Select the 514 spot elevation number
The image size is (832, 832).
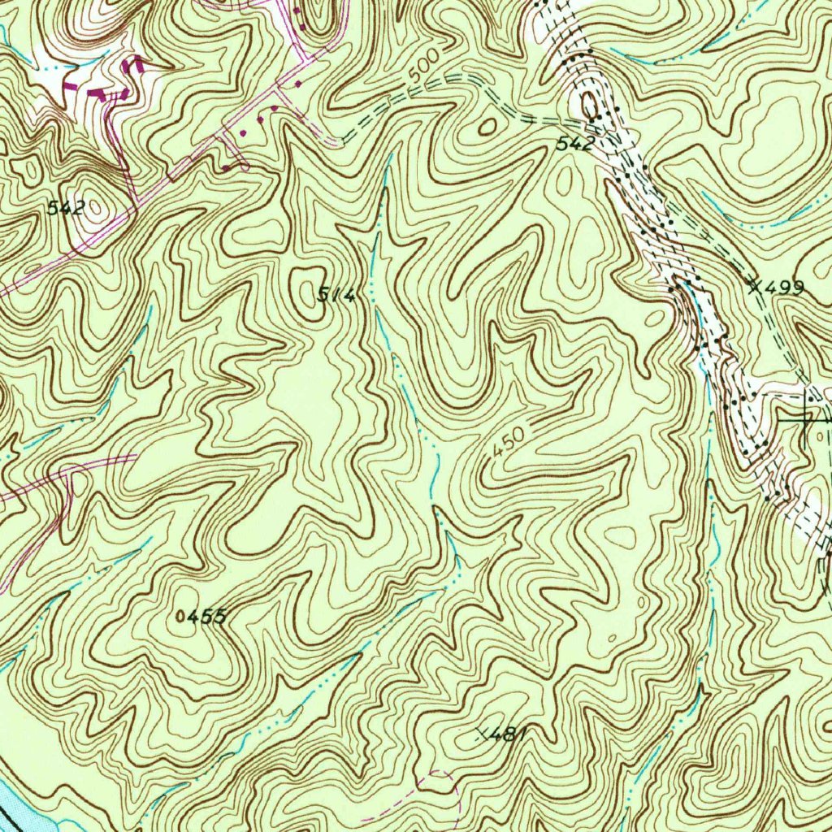336,297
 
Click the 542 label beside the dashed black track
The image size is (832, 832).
574,145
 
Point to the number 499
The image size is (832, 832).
785,287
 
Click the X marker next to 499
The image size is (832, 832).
756,285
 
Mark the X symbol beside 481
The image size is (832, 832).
484,734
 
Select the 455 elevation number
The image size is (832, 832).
205,617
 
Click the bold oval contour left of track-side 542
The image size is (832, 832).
487,126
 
